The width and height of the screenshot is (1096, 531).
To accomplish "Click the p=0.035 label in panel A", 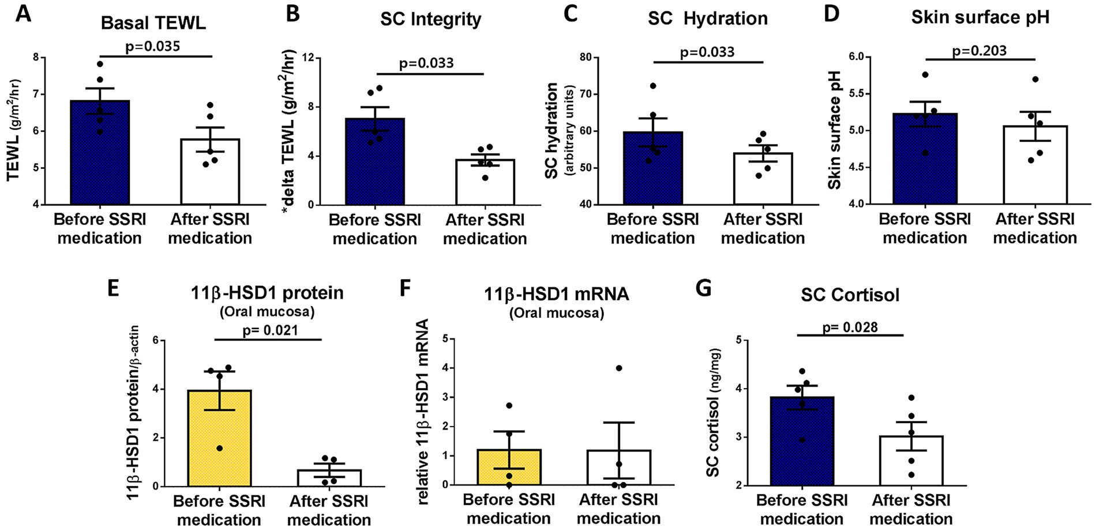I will pos(152,46).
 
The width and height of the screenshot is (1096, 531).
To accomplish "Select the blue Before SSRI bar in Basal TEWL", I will pos(100,156).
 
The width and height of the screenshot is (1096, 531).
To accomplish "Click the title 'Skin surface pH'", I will pos(980,17).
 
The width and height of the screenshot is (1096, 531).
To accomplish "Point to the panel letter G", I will pos(703,288).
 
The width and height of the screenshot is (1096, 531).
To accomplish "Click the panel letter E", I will pos(113,288).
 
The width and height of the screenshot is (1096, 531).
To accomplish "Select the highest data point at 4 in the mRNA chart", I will pos(619,368).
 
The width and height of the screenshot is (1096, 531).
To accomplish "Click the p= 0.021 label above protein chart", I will pos(270,330).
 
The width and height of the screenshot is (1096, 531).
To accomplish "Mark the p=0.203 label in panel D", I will pos(979,51).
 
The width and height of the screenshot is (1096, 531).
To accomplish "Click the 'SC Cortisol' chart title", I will pos(850,295).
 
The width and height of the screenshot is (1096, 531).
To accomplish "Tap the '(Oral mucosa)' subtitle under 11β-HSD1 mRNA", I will pos(557,313).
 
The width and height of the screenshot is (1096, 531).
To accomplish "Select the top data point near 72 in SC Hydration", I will pos(653,86).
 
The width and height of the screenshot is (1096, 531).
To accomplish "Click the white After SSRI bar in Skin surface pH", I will pos(1035,167).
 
